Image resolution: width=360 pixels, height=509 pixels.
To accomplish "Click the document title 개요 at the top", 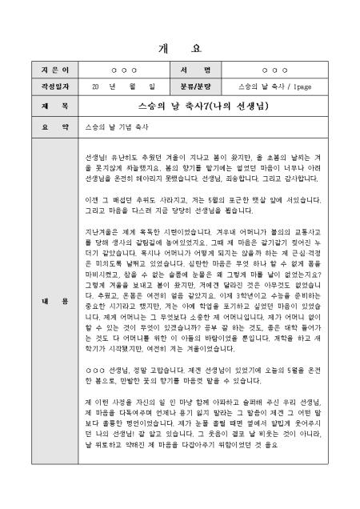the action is [180, 46].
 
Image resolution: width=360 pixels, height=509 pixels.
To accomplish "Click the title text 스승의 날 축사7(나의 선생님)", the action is [214, 105].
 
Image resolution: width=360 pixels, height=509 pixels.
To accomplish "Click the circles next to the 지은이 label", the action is [122, 70].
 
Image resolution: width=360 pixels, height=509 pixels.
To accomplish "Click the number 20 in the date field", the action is [96, 86].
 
